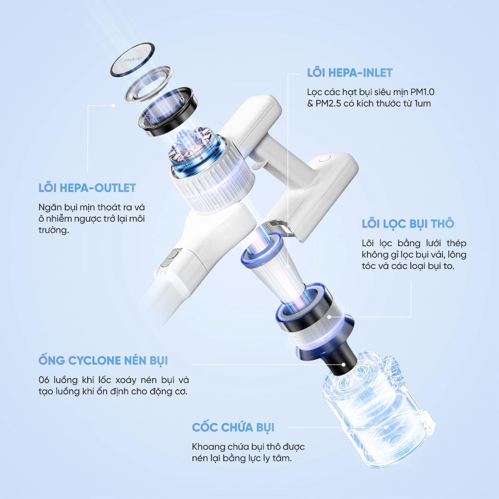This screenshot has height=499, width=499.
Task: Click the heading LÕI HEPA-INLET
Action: (x=349, y=73)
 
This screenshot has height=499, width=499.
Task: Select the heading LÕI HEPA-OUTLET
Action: (x=87, y=188)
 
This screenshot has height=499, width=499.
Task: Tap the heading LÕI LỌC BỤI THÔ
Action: (x=408, y=224)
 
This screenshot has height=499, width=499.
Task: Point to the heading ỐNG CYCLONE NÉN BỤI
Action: (x=103, y=360)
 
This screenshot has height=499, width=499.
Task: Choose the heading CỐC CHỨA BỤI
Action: (x=233, y=427)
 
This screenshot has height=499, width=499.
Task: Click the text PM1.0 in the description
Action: (x=422, y=92)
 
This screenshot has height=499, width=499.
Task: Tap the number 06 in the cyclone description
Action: (x=44, y=380)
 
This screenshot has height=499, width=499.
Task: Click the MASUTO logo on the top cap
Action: (x=133, y=59)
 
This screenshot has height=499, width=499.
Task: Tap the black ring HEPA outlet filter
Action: (x=168, y=112)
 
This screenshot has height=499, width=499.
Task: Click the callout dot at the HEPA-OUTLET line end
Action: (x=113, y=106)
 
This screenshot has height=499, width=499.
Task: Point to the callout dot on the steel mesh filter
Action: (x=329, y=317)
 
